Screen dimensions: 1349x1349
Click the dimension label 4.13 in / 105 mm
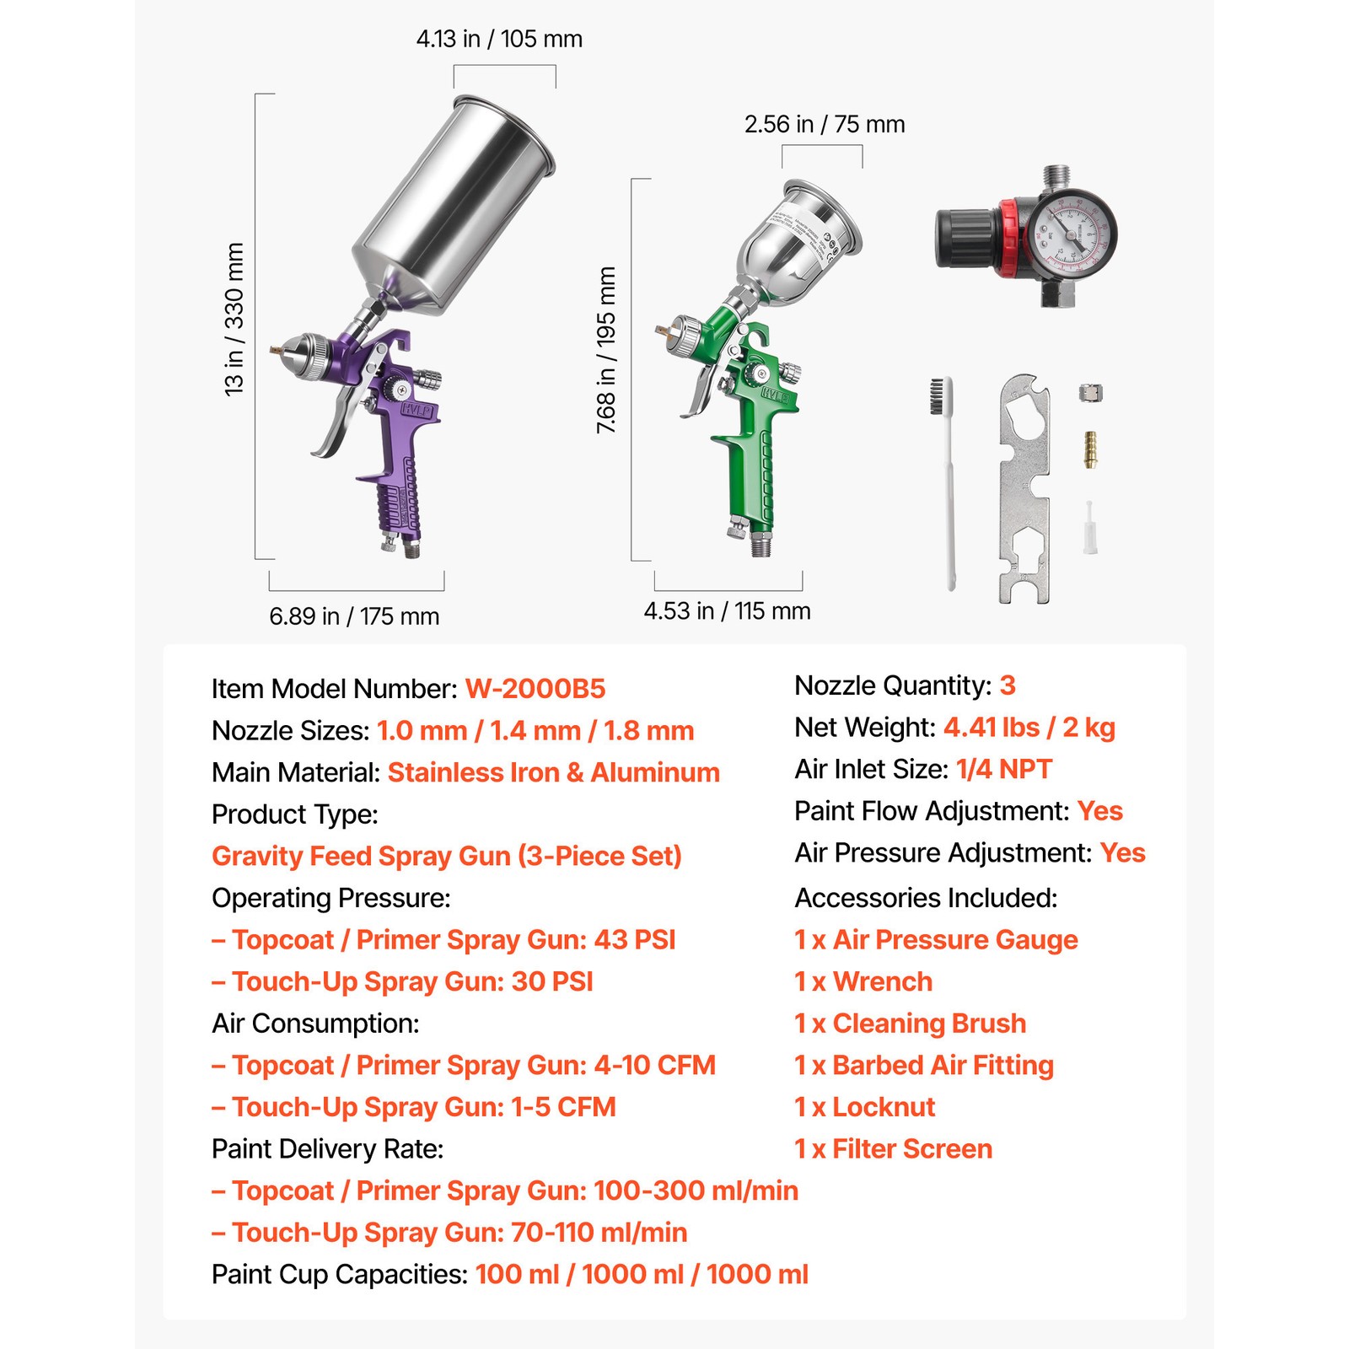point(499,39)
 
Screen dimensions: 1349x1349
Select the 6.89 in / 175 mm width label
point(354,616)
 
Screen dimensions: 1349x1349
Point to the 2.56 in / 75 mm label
point(824,125)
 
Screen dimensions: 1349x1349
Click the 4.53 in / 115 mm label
point(727,611)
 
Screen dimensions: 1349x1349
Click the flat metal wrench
point(1024,489)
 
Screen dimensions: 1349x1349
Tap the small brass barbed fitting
point(1090,449)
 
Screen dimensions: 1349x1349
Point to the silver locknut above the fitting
point(1090,393)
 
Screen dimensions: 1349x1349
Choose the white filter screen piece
point(1090,529)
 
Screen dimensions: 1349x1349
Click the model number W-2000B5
point(535,689)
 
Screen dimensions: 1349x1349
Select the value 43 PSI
point(635,940)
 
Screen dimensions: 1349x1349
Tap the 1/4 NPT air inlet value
point(1003,769)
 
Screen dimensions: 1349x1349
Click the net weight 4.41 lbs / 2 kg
point(1029,727)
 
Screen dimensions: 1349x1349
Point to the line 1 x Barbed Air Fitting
point(924,1066)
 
